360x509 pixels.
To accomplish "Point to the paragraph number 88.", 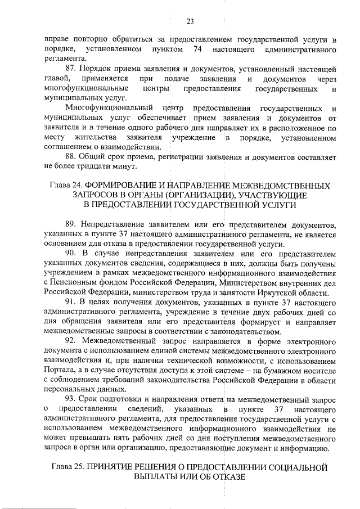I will (71, 156).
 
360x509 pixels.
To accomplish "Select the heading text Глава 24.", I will (67, 185).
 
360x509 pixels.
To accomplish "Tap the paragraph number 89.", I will (71, 224).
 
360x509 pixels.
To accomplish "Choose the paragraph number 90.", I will (71, 253).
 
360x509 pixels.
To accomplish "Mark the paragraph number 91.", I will (71, 302).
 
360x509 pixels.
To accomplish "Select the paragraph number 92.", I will (71, 341).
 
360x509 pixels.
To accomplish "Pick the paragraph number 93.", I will (71, 399).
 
